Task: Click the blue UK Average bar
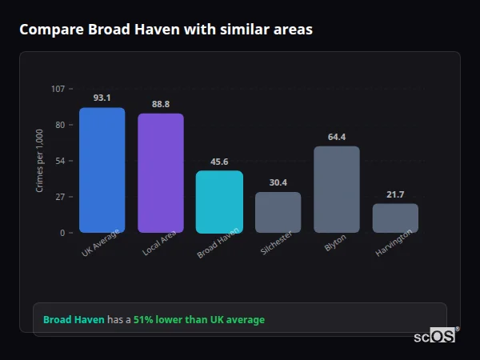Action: (x=102, y=170)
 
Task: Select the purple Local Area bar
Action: (x=161, y=173)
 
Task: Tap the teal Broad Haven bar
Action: (x=219, y=202)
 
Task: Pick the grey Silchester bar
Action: (x=278, y=212)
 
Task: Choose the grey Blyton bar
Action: (x=337, y=190)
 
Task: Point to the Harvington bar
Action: (x=395, y=218)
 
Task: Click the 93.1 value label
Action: (x=102, y=98)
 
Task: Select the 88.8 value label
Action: (x=161, y=104)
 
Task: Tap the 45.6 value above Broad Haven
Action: (x=219, y=162)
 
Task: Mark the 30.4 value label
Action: (x=278, y=182)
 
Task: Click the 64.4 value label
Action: (x=337, y=137)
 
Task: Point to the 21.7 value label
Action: (x=395, y=194)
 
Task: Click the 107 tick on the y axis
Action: (x=58, y=89)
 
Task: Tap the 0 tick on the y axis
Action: (x=62, y=233)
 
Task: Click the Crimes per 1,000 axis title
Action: (x=40, y=161)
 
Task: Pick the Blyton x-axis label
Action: (x=335, y=243)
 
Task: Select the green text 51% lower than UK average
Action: (x=198, y=320)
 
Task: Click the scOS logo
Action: (x=435, y=336)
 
